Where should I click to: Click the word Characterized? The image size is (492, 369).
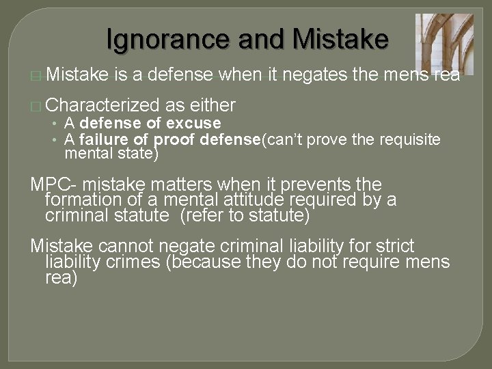[103, 105]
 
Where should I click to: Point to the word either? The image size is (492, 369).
[213, 105]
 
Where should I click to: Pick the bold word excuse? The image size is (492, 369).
[194, 124]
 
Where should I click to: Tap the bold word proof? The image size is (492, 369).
[174, 140]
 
